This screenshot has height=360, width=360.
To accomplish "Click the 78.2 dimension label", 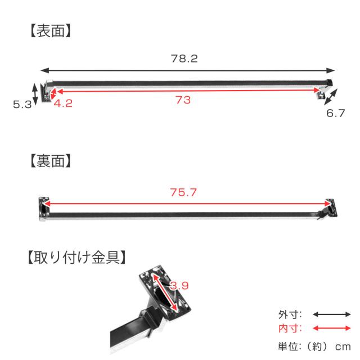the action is (x=184, y=58).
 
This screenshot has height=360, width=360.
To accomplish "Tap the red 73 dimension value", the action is (x=183, y=100).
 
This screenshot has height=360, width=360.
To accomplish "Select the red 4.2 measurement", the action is (x=63, y=103).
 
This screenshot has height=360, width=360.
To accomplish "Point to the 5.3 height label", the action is (x=22, y=105).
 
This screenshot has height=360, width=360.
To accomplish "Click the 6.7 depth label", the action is (x=336, y=113).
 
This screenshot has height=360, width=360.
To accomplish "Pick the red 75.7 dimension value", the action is (x=183, y=192).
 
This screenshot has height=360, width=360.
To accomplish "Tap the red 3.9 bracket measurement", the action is (x=179, y=286).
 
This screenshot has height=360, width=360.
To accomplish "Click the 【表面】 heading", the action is (x=51, y=31).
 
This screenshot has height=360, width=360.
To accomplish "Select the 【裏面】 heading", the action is (x=51, y=161).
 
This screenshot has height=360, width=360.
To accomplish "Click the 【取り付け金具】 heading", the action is (x=76, y=257).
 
